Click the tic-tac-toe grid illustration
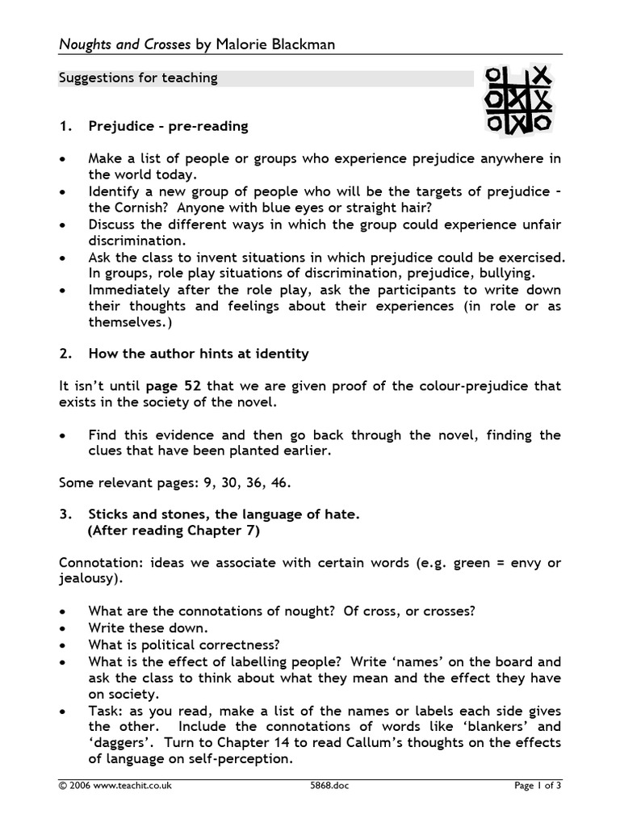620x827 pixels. [x=517, y=100]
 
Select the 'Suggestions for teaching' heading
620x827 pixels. [x=138, y=78]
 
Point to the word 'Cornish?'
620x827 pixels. [x=139, y=207]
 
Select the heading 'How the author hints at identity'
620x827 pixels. [x=199, y=354]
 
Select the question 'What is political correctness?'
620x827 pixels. [x=184, y=644]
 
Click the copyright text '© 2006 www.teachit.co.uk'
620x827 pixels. [x=115, y=785]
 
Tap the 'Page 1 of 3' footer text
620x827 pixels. [x=537, y=785]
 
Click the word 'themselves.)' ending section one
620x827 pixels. [x=128, y=321]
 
